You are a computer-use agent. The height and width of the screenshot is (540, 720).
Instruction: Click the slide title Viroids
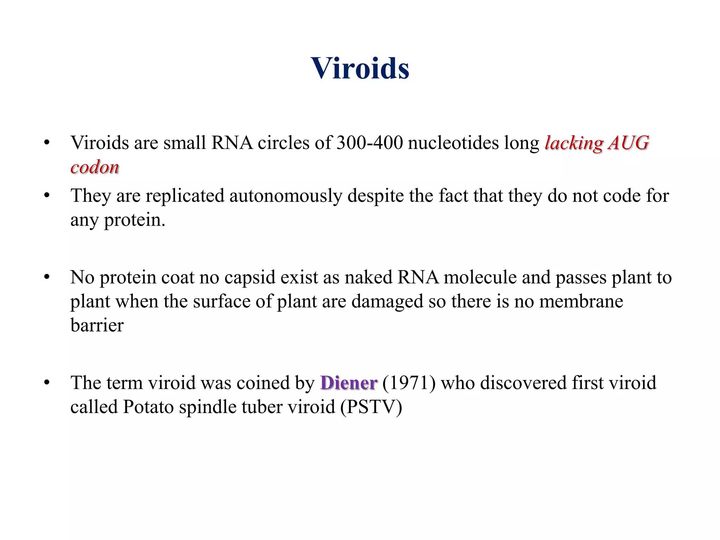(x=360, y=68)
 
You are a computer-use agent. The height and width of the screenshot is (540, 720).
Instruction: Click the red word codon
(x=95, y=167)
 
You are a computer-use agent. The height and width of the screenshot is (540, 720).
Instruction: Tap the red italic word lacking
(x=574, y=143)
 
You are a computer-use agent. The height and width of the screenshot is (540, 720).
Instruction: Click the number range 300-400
(x=369, y=143)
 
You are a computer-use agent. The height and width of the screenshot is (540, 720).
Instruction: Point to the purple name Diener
(x=349, y=383)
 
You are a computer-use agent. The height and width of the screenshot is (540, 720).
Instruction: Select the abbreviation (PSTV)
(x=371, y=407)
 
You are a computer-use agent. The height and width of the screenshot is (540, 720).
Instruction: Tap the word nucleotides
(x=454, y=143)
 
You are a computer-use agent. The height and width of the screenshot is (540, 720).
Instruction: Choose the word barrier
(x=97, y=325)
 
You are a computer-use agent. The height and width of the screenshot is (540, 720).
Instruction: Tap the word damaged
(x=387, y=302)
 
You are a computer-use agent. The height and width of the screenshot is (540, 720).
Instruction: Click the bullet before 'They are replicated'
(x=47, y=195)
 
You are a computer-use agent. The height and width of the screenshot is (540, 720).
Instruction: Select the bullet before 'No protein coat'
(x=47, y=277)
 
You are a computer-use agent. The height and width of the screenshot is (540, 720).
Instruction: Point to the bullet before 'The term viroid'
(x=47, y=383)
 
